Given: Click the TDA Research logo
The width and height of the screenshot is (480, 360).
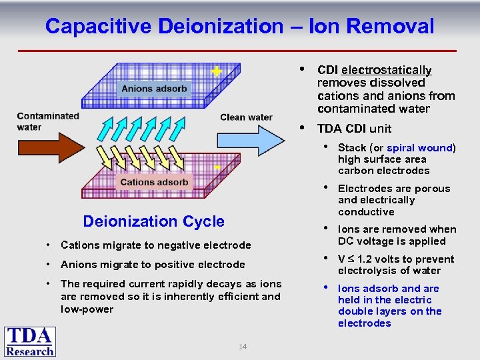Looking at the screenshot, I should coord(30,341).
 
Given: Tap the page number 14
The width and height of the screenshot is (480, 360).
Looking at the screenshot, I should coord(243,347).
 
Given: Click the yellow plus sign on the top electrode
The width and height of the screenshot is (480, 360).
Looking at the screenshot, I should coord(216,71).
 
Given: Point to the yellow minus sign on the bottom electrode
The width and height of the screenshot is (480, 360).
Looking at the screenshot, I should coord(217,167).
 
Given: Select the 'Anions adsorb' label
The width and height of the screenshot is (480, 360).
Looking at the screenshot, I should coord(154,89).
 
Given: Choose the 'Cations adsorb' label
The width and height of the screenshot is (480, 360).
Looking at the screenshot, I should coord(154,182).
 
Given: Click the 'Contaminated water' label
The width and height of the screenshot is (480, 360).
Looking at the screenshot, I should coord(48,121).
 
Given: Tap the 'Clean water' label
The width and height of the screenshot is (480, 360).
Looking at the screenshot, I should coord(246,117).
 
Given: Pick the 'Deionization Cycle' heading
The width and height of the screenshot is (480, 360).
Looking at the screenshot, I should coord(153,221).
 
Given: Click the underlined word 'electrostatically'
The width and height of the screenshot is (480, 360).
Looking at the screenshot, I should coord(387,70).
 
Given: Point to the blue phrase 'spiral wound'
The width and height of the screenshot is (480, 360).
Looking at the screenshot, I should coord(419,147).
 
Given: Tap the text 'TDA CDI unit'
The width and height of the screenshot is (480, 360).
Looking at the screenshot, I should coord(354,129).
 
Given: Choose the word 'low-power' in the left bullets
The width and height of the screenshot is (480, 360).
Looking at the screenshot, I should coord(87,309).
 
